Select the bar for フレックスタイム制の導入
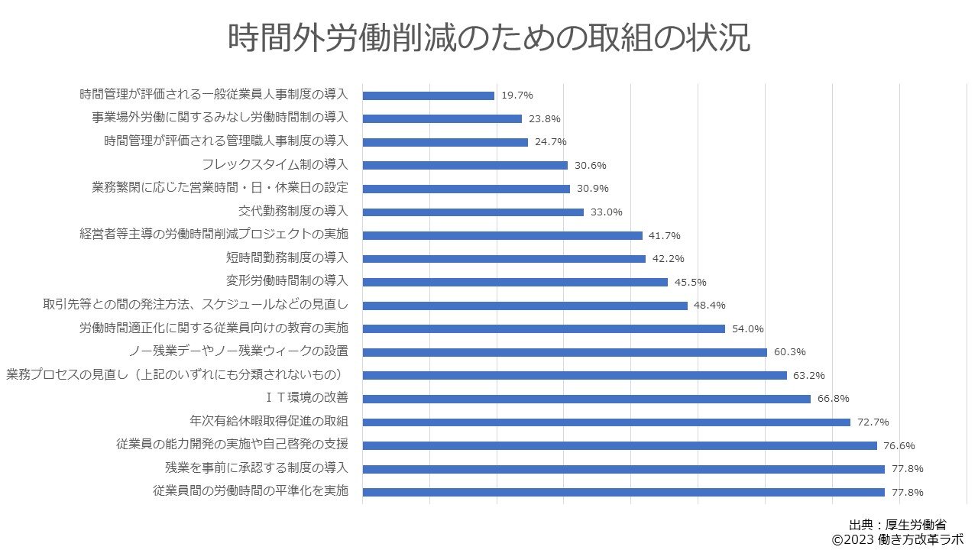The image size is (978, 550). coord(465,165)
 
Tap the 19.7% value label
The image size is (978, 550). coord(517,95)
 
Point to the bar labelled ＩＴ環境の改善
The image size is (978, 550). coord(586,399)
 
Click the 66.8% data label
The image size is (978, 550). coord(833,399)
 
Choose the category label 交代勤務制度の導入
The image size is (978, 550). coord(293,212)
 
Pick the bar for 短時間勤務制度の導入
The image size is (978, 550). coord(504,258)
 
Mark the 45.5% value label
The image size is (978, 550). coord(690,282)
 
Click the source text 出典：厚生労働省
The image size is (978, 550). coord(898,525)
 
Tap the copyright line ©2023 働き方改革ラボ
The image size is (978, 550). coord(897,539)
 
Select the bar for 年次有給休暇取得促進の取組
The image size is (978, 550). coord(606,422)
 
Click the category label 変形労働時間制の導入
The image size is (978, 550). coord(287,281)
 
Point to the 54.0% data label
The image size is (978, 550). coord(747,328)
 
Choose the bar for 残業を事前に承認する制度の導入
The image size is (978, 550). coord(623,468)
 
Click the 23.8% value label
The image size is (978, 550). coord(545,118)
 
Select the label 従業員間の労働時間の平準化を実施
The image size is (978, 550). coord(251,491)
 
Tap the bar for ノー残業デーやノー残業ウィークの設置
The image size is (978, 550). coord(565,352)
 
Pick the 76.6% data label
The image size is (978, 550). coord(899,445)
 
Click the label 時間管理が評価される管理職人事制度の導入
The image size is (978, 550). coord(226,141)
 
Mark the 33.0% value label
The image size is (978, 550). coord(607,212)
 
